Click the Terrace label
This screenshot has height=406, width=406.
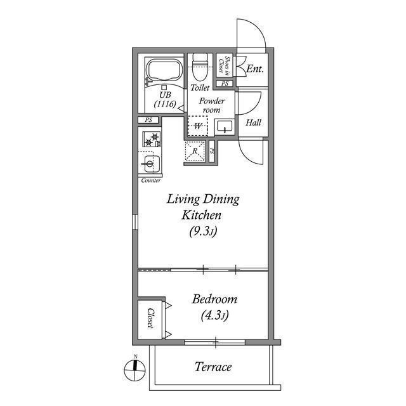point(213,367)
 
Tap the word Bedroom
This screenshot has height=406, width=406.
point(214,299)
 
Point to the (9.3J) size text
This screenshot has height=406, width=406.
point(203,232)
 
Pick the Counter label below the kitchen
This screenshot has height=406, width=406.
point(150,181)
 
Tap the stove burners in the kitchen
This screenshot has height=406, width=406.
point(152,139)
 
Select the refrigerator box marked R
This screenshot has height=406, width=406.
point(196,152)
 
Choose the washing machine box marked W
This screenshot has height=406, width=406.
point(198,126)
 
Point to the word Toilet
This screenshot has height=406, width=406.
point(200,88)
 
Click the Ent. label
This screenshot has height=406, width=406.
point(255,68)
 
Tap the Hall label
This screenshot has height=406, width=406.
point(254,122)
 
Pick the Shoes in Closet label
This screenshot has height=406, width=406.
point(224,65)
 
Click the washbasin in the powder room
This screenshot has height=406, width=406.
point(225,127)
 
